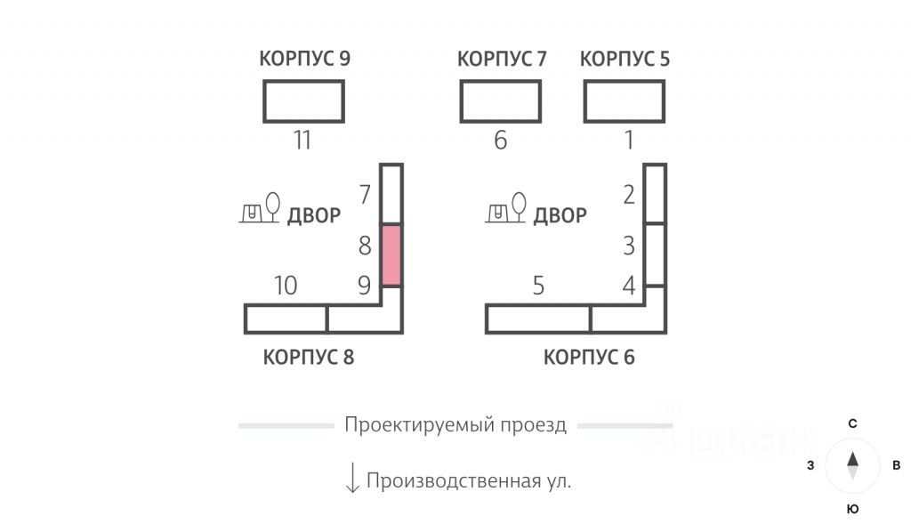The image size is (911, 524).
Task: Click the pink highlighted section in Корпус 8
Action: (x=391, y=254)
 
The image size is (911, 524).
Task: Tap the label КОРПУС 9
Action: (x=304, y=60)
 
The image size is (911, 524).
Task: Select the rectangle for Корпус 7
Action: (x=500, y=101)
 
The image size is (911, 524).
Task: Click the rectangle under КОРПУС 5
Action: (x=625, y=101)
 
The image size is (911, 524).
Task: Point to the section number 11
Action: (x=302, y=141)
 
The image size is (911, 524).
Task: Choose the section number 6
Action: (x=500, y=141)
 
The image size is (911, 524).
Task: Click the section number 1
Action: (x=629, y=141)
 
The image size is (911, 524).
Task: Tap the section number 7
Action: (x=365, y=194)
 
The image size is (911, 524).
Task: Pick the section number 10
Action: (x=286, y=286)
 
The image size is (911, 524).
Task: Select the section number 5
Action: (x=538, y=286)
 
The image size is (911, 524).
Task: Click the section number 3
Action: (x=629, y=245)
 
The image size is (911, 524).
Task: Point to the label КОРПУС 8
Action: (x=309, y=358)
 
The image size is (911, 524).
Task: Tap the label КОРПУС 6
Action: (x=589, y=358)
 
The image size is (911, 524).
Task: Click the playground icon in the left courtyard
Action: (x=261, y=210)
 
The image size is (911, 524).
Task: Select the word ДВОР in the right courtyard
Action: (x=560, y=215)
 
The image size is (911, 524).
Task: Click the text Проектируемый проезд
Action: (x=455, y=425)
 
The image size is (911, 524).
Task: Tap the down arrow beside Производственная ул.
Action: (x=352, y=478)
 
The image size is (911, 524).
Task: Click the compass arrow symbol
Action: (x=852, y=464)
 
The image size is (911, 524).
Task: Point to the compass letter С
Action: (x=852, y=423)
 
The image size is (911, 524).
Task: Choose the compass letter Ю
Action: (x=852, y=509)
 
